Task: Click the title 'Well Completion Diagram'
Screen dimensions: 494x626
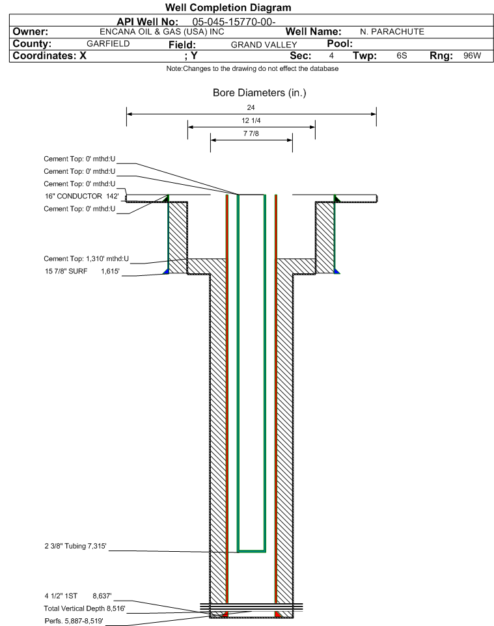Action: [228, 8]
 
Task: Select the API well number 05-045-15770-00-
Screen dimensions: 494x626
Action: [234, 22]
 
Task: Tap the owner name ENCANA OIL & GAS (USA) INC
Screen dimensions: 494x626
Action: [162, 32]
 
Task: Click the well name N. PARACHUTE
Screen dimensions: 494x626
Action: [392, 32]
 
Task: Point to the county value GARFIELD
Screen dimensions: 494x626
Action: [108, 44]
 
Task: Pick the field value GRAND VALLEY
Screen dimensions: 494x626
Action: [264, 45]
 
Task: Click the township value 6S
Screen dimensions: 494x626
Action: [402, 55]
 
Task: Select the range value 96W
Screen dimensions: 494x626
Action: [472, 55]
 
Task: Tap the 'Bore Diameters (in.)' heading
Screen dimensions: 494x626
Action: [260, 93]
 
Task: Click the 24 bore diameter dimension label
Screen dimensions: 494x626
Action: [251, 107]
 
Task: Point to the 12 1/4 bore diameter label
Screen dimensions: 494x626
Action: [251, 120]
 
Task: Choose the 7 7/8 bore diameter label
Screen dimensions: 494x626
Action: [251, 134]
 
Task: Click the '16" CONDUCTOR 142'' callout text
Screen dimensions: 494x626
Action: [82, 197]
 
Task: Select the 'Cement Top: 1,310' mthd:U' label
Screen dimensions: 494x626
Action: [87, 259]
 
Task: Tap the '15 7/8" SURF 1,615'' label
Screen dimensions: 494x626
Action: [82, 271]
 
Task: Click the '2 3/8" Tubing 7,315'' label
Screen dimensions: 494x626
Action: [75, 546]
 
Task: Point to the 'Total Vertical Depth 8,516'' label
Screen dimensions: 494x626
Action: [85, 609]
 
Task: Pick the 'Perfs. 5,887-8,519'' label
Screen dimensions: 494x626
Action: [74, 621]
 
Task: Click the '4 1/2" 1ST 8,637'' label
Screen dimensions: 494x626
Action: [78, 596]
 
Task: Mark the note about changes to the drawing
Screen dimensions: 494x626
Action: [253, 69]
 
